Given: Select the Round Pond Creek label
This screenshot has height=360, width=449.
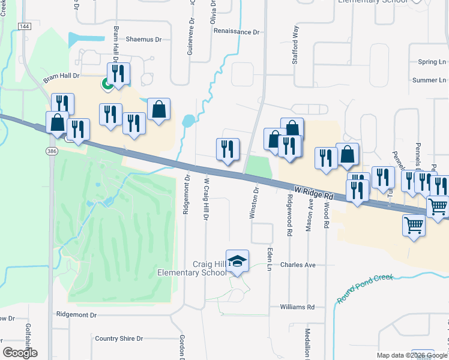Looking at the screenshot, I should [364, 288].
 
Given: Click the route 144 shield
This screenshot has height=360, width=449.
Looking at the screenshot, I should [24, 26].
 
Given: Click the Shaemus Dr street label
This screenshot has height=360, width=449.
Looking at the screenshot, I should [144, 40].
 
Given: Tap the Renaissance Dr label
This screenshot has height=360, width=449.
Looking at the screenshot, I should [236, 31].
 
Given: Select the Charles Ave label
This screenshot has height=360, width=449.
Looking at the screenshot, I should [298, 265].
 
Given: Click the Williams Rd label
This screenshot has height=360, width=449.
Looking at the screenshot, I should [297, 307].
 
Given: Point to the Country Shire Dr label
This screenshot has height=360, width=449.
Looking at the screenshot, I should [119, 338].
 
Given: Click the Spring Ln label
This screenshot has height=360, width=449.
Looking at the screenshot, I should [432, 62].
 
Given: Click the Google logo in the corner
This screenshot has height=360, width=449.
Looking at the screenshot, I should [20, 353].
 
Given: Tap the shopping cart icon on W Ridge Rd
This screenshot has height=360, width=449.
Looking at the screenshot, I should [438, 206].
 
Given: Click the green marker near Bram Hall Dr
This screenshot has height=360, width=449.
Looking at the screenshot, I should [107, 85].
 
